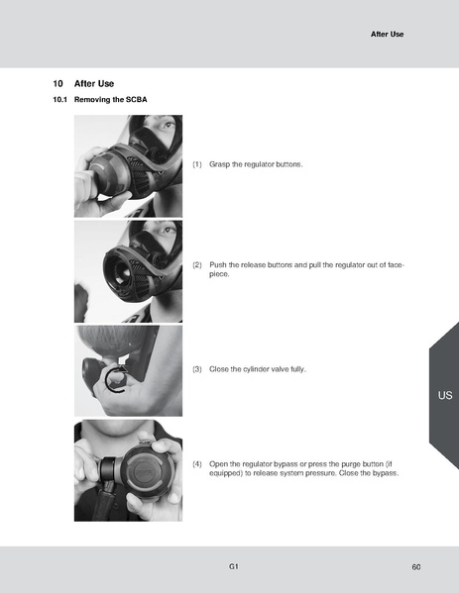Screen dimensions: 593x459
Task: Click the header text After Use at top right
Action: click(x=387, y=34)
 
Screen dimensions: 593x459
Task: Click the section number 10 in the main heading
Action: click(x=57, y=84)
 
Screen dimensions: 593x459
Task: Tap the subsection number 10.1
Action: click(x=59, y=101)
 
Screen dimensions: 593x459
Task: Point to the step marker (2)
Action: click(x=197, y=265)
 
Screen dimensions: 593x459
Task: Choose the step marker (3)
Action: click(x=197, y=368)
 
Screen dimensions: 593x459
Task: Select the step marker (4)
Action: click(x=197, y=463)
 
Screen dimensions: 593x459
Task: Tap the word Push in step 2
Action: click(x=219, y=265)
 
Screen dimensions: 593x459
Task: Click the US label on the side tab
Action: click(x=444, y=395)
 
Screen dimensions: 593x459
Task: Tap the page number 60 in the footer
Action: click(x=416, y=566)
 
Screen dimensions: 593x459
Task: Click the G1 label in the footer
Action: click(x=233, y=565)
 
